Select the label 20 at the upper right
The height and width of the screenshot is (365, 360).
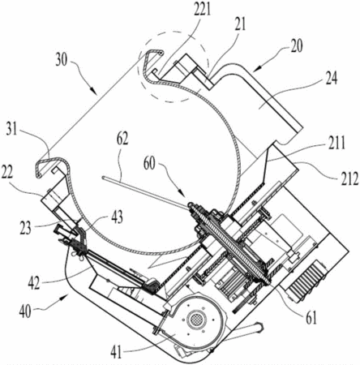296,46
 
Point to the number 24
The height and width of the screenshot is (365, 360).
331,79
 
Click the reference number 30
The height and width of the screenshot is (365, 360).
62,59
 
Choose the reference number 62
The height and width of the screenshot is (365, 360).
122,139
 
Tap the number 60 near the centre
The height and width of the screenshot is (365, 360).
148,163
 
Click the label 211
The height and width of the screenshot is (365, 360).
335,143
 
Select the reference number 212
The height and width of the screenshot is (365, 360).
349,178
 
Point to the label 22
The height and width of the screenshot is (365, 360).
6,173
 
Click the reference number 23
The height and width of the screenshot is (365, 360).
25,227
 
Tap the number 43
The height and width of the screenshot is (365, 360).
116,217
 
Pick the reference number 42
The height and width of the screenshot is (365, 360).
34,283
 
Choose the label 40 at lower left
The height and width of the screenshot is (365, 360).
25,311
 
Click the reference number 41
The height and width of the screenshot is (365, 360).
116,352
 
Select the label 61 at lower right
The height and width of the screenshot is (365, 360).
311,317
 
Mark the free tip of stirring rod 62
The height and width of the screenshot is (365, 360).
103,178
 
